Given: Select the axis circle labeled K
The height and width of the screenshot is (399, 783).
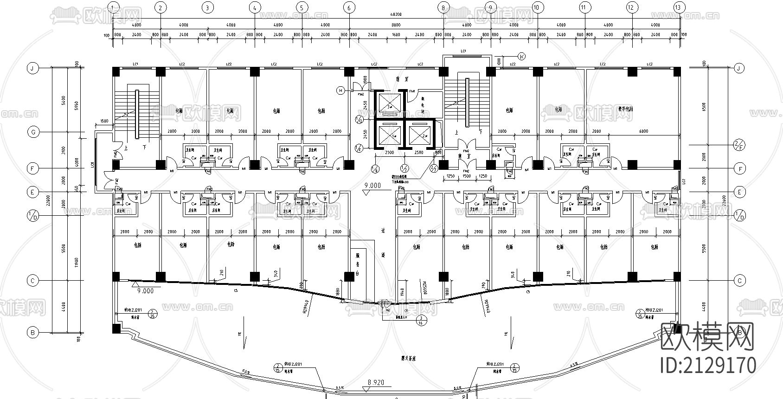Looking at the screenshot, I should [521, 57].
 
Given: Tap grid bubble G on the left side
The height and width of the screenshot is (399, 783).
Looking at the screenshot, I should [33, 132].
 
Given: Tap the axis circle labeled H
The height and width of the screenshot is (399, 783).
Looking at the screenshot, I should [340, 91].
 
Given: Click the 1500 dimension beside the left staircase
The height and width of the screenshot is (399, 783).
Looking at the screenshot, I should [104, 122].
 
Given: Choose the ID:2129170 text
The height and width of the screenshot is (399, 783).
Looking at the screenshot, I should [707, 365].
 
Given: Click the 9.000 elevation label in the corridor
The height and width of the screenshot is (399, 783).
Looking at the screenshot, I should [372, 186].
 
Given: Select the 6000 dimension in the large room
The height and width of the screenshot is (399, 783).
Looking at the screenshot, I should [643, 131].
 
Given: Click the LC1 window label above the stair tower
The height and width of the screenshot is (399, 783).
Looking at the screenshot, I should [462, 50].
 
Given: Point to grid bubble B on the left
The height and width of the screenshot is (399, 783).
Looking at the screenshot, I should [33, 332].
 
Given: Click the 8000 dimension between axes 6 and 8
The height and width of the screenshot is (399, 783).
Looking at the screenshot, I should [396, 25].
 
